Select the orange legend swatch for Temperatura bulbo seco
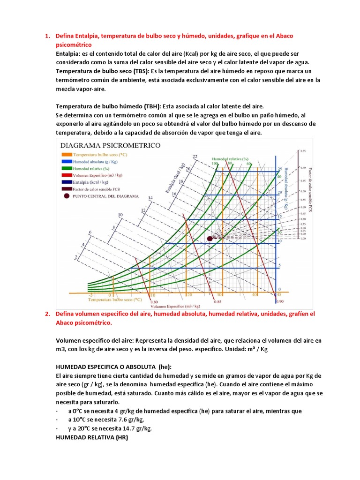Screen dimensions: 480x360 [65, 154]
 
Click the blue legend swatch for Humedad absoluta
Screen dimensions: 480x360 [65, 161]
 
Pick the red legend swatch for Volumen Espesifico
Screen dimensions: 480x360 [65, 174]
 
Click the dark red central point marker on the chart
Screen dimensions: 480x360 [210, 238]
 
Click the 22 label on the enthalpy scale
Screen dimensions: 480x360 [195, 156]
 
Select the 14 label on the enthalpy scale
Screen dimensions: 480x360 [150, 198]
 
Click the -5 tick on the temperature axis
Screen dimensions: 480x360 [90, 295]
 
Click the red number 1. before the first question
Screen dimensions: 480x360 [47, 36]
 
